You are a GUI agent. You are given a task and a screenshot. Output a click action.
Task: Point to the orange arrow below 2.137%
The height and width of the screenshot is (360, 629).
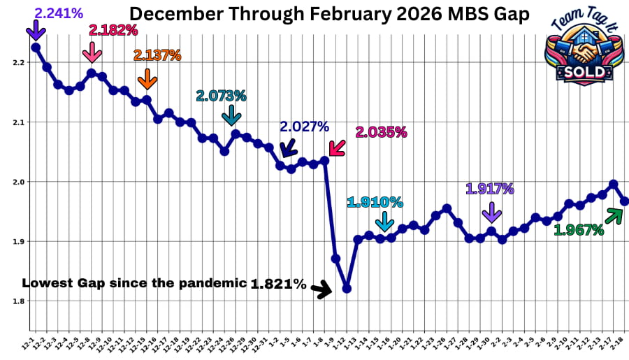point(147,79)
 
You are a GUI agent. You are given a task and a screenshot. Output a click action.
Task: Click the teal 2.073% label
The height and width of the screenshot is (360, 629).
point(221,96)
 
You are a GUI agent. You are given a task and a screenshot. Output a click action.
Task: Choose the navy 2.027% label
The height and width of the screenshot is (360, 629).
point(304,127)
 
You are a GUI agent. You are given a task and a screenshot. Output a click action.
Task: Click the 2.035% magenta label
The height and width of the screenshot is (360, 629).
point(382,131)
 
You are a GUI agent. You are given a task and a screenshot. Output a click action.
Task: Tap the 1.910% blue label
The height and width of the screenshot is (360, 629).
point(375,202)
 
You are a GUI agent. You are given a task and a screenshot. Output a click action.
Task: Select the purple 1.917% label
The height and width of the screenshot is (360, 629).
point(490,188)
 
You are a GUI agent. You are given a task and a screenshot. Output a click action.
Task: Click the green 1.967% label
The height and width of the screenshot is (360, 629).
point(579,229)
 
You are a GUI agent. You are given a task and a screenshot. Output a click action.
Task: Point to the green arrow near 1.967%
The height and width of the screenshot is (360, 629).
point(614,216)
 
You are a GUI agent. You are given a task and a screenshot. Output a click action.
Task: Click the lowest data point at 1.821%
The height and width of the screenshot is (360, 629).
point(347,289)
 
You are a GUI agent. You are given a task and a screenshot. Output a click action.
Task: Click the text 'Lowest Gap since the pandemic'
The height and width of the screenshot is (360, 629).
point(135,283)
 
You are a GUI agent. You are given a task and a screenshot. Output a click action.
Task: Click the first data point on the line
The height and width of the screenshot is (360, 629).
point(36,47)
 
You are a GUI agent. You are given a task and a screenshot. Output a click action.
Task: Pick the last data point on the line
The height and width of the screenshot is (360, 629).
point(625,201)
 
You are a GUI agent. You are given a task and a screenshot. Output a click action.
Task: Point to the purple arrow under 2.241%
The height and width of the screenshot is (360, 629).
point(36,31)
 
